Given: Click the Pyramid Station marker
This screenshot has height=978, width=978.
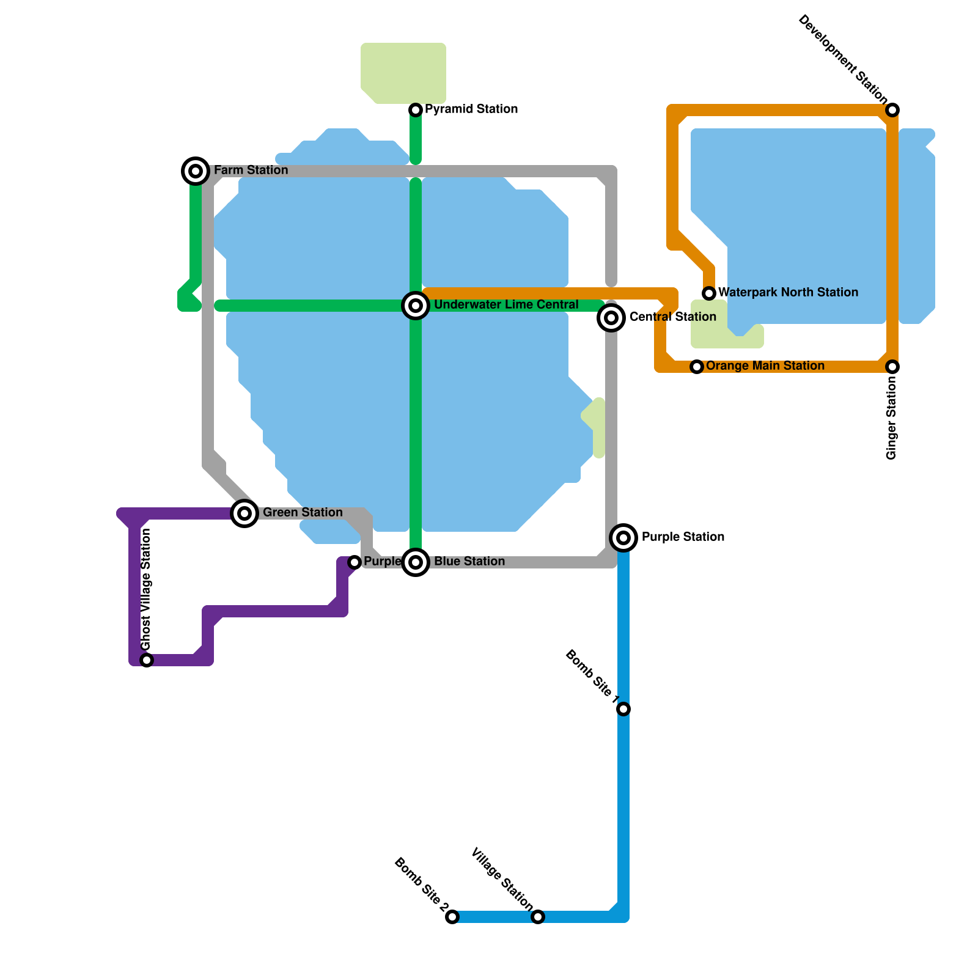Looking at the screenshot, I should tap(416, 110).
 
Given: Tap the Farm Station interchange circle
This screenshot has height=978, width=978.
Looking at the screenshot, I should tap(196, 171).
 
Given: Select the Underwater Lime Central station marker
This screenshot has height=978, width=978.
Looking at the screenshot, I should tap(416, 306).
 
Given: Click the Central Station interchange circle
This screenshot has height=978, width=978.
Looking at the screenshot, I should tap(611, 318).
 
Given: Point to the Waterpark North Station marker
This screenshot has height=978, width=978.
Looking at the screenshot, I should tap(709, 293).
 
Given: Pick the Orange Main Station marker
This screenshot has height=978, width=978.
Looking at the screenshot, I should tap(697, 367).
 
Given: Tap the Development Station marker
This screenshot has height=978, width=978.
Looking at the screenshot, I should tap(892, 110).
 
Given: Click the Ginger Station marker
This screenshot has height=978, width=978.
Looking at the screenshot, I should tap(892, 367).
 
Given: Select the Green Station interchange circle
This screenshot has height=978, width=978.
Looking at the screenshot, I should tap(244, 513).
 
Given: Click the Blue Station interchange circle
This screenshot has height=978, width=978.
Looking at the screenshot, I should tap(416, 562).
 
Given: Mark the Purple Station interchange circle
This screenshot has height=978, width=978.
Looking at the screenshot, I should tap(623, 538).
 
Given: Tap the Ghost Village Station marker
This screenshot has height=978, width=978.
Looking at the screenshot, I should tap(147, 660).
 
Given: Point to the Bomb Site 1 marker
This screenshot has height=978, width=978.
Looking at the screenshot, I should tap(623, 709).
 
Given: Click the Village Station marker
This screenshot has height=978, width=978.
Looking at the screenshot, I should tap(538, 917).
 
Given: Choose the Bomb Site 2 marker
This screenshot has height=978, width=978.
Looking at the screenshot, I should tap(452, 917).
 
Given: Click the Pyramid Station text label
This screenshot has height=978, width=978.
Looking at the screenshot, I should tap(471, 109).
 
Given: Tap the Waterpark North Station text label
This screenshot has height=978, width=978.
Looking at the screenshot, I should tap(788, 293).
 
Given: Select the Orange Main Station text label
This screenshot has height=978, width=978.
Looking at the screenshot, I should tap(765, 366).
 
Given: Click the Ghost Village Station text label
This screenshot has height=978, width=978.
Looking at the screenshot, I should tap(145, 590).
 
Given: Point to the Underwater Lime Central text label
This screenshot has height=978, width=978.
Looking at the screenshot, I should tap(506, 305).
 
